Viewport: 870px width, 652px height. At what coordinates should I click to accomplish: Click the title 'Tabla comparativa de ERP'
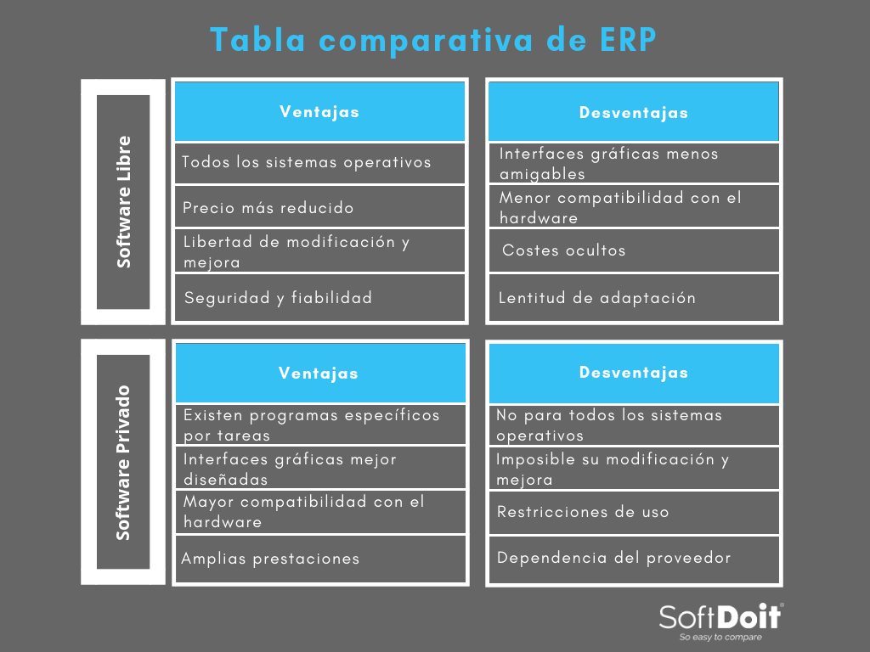[433, 40]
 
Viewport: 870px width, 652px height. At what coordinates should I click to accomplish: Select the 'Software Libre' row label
[123, 202]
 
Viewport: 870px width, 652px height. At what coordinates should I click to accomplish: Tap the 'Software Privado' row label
[123, 462]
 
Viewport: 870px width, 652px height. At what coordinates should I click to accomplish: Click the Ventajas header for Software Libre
[319, 111]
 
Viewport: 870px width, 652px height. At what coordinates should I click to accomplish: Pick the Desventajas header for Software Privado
[634, 373]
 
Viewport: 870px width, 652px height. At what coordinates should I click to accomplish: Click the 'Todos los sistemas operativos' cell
[319, 163]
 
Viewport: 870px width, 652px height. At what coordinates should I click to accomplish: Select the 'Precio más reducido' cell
[319, 207]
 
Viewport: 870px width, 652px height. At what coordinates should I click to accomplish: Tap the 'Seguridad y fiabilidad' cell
[319, 298]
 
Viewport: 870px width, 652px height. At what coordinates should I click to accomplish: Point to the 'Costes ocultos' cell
[634, 250]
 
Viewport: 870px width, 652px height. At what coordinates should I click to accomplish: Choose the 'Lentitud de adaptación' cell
[634, 298]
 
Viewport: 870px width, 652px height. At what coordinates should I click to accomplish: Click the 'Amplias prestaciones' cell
[320, 559]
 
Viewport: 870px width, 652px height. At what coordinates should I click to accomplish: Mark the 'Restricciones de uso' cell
[634, 512]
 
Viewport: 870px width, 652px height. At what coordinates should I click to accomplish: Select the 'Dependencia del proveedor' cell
[634, 559]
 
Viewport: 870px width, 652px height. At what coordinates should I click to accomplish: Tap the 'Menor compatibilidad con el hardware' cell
[634, 206]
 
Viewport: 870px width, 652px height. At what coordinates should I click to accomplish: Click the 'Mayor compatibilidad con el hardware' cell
[320, 511]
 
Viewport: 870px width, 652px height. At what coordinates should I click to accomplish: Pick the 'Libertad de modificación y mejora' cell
[319, 250]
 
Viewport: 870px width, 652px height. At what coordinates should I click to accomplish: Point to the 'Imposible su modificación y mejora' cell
[634, 468]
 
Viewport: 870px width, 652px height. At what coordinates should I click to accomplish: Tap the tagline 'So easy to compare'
[720, 637]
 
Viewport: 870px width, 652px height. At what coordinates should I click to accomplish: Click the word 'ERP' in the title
[629, 40]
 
